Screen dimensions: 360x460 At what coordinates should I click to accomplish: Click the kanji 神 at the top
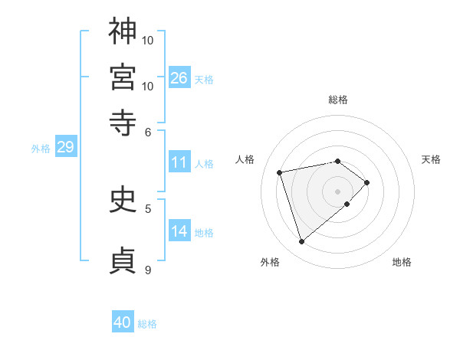point(123,31)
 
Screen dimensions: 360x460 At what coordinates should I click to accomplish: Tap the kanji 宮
point(123,77)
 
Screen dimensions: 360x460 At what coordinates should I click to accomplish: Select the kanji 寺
point(123,122)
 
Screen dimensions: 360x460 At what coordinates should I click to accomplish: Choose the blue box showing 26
point(179,78)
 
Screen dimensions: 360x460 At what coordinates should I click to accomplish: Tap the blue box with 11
point(179,162)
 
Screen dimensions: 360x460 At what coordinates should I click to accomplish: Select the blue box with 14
point(179,231)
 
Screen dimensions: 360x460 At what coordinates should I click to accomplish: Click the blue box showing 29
point(65,147)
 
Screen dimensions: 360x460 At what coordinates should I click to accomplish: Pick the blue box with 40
point(123,322)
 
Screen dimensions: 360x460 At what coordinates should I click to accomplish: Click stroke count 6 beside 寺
point(149,132)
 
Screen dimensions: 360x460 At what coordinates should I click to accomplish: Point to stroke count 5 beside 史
point(148,208)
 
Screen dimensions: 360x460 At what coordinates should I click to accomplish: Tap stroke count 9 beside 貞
point(148,270)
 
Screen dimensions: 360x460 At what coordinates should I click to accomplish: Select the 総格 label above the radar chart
point(337,100)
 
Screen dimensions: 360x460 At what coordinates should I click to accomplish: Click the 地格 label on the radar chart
point(402,262)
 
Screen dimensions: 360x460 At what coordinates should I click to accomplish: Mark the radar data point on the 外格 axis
point(301,242)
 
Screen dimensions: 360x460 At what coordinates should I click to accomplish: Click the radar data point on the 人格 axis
point(280,172)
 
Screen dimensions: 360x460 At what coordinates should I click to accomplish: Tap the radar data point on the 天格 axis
point(367,182)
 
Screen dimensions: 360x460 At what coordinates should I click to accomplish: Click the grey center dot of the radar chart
point(337,190)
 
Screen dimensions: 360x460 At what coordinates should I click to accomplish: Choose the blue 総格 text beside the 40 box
point(147,324)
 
